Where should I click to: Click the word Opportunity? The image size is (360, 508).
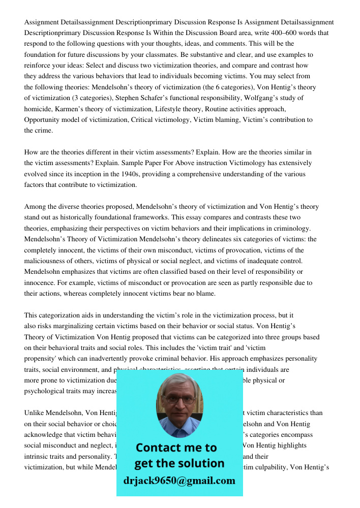click(x=43, y=120)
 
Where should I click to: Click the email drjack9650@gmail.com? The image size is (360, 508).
click(x=179, y=481)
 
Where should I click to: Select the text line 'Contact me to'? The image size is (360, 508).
click(x=176, y=448)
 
